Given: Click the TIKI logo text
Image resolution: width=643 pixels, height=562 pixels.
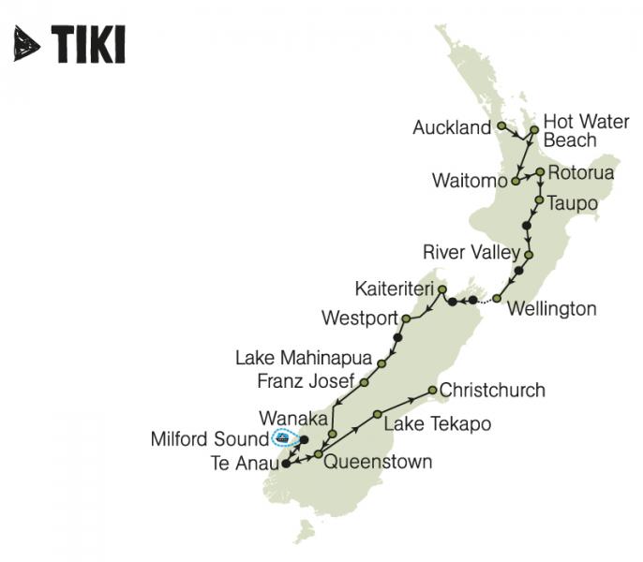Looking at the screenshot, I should coord(88,44).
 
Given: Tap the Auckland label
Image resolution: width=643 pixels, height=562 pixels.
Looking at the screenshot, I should coord(452,127).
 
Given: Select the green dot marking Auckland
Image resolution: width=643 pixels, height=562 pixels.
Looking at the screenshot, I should coord(501,125).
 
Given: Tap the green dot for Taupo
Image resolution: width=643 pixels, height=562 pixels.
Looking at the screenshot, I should coord(539,200).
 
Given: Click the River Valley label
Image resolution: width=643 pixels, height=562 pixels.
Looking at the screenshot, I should coord(471,252).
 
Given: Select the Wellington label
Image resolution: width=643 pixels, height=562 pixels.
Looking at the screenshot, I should coord(550,308).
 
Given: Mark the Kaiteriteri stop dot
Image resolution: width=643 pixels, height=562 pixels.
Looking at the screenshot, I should coord(441,288).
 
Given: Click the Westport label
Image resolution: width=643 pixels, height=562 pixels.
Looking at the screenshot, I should coord(359,318).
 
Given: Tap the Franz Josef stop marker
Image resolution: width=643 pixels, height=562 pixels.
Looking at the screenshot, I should coord(364,382).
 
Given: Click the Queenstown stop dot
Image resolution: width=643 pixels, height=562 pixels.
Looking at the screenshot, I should coord(319,454).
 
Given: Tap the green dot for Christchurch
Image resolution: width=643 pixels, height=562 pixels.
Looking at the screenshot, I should coord(432,390).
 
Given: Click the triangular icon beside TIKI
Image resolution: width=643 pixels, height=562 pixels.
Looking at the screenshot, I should coord(27,44).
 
